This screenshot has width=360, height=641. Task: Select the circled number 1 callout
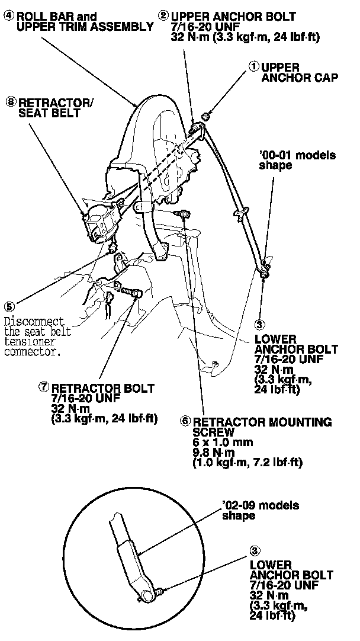(x=254, y=67)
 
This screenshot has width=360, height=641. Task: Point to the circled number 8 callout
(x=11, y=102)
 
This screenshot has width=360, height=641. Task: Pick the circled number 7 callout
(x=44, y=387)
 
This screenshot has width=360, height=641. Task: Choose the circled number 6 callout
(x=185, y=421)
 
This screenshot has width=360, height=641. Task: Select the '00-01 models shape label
(x=297, y=161)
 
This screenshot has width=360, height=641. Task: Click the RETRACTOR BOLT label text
(x=103, y=388)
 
